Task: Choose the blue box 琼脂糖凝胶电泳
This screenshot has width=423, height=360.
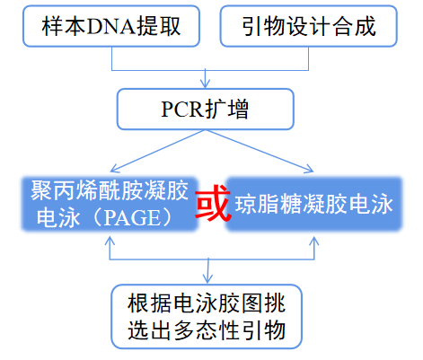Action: coord(313,205)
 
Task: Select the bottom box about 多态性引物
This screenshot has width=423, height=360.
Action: coord(208,315)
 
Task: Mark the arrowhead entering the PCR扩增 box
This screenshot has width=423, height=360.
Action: coord(209,87)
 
